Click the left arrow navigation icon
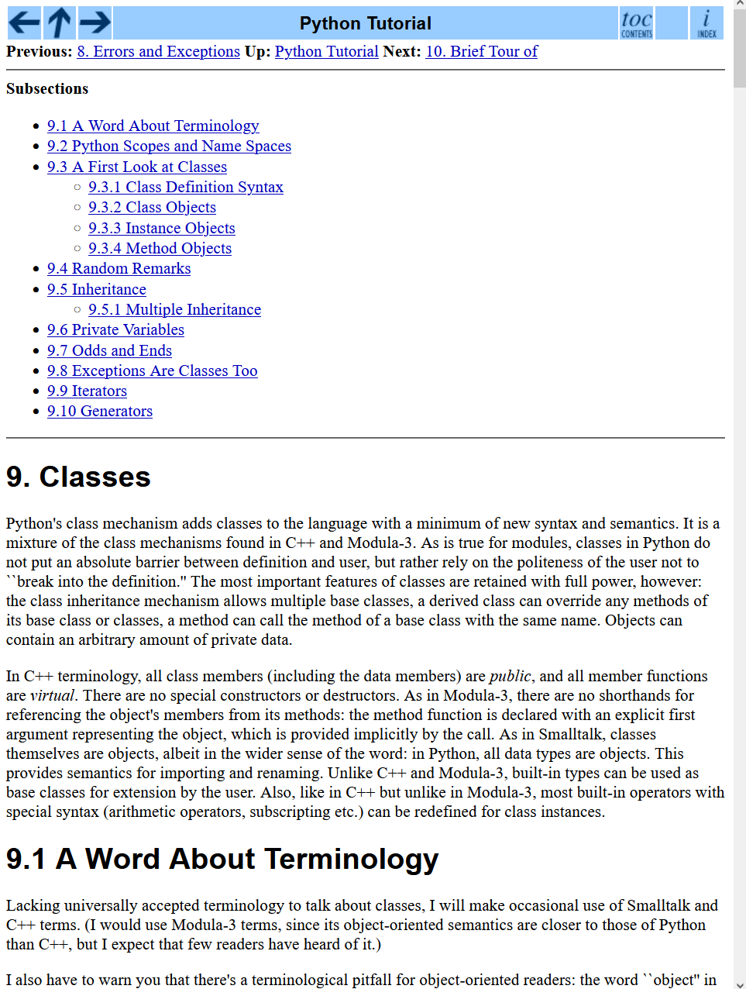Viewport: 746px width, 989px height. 24,22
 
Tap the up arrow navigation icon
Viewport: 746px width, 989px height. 60,22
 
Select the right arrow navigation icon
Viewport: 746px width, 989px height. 95,22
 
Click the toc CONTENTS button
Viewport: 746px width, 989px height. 637,23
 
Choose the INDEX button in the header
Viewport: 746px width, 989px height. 706,23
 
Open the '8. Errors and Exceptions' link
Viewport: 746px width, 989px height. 159,52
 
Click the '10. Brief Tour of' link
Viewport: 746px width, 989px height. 481,52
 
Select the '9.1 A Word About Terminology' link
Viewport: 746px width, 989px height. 153,126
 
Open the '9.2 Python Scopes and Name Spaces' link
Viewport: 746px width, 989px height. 169,146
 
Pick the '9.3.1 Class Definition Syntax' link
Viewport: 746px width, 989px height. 185,188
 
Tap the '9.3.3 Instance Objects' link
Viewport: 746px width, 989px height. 161,229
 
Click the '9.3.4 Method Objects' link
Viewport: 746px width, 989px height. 160,249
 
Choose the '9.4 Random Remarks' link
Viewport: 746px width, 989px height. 119,269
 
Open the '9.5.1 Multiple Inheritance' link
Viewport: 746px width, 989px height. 174,310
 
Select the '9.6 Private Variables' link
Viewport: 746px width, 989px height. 115,330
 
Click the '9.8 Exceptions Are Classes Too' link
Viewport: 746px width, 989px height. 152,371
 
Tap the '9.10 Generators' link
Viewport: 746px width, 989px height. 99,412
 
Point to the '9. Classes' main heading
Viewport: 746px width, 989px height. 78,477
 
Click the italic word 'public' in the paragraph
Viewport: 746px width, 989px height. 510,677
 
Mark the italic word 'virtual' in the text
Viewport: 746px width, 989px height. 52,696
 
